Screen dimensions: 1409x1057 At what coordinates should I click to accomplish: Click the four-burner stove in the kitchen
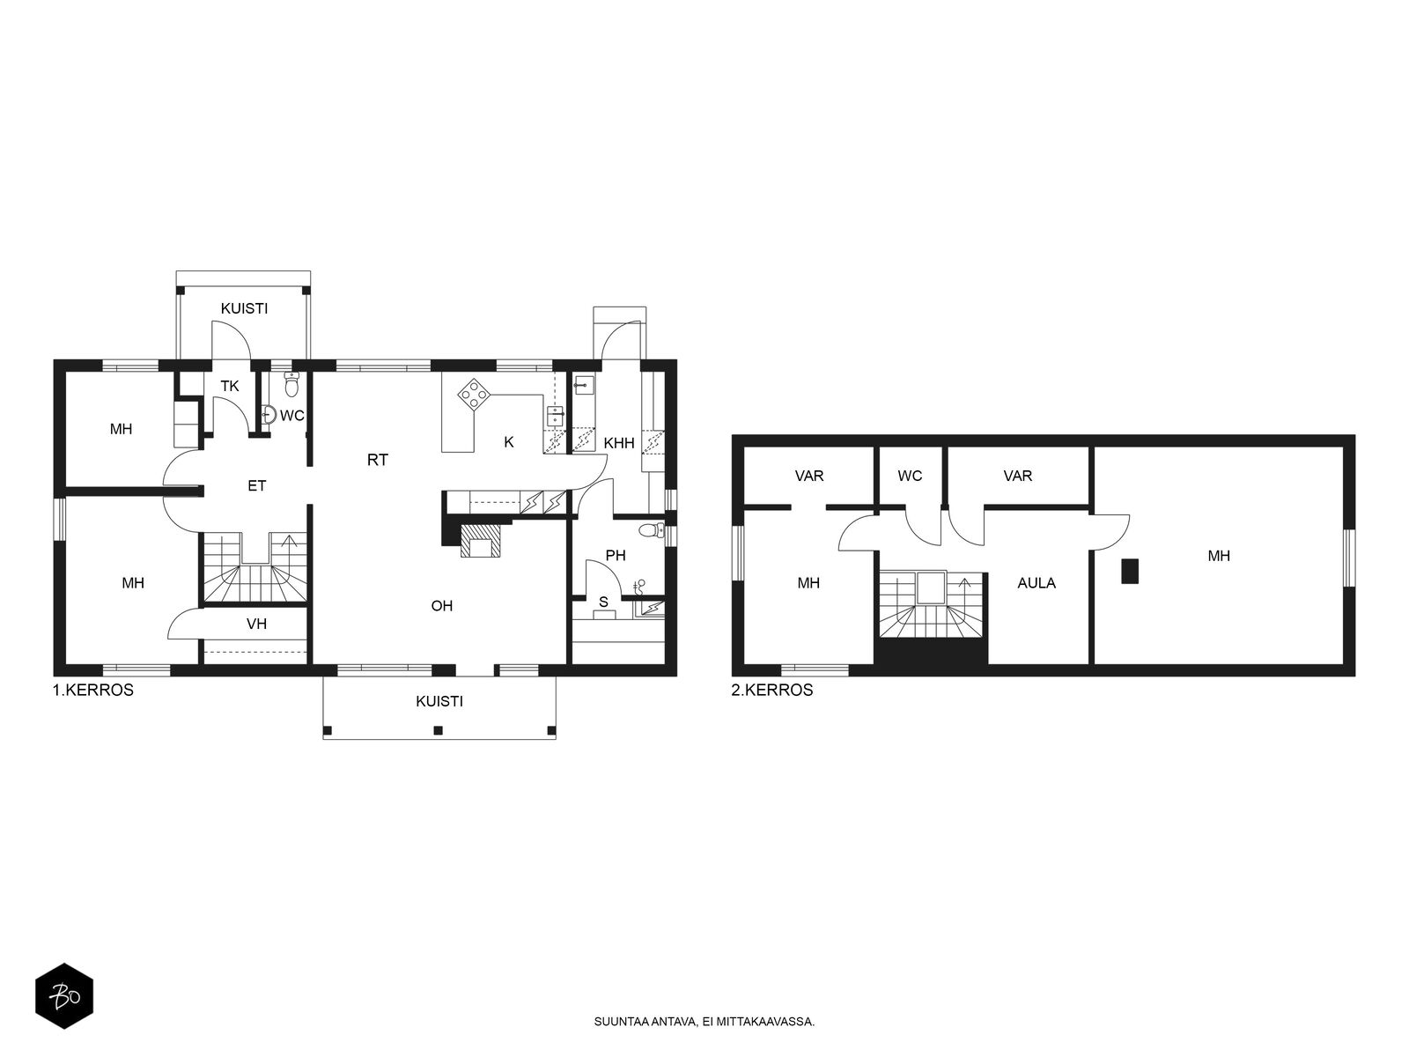pos(475,394)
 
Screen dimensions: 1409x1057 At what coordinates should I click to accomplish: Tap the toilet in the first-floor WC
pos(292,385)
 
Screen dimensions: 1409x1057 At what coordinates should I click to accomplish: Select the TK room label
pos(230,386)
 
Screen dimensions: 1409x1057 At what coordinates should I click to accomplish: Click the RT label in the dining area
pos(378,460)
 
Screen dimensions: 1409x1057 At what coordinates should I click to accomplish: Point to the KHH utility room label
pos(619,442)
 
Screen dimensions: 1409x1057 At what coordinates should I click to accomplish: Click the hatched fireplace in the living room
pos(481,540)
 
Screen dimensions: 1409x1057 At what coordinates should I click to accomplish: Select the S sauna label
pos(603,602)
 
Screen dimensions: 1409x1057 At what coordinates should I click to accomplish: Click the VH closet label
pos(257,623)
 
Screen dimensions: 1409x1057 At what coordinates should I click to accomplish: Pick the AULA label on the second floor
pos(1036,583)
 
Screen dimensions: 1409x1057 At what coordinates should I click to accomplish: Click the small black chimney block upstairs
pos(1130,571)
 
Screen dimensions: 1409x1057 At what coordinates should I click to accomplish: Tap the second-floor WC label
pos(910,476)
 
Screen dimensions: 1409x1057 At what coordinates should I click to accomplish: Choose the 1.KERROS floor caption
pos(93,690)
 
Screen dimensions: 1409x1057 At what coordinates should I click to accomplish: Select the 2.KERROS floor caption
pos(772,690)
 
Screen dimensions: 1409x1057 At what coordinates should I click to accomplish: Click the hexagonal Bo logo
pos(64,996)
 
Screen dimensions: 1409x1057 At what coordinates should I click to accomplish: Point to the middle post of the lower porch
pos(439,729)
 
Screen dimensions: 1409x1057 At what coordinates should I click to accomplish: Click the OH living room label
pos(442,605)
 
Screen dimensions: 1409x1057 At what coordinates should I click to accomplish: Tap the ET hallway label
pos(257,486)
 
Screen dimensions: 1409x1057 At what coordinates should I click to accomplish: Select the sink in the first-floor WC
pos(269,415)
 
